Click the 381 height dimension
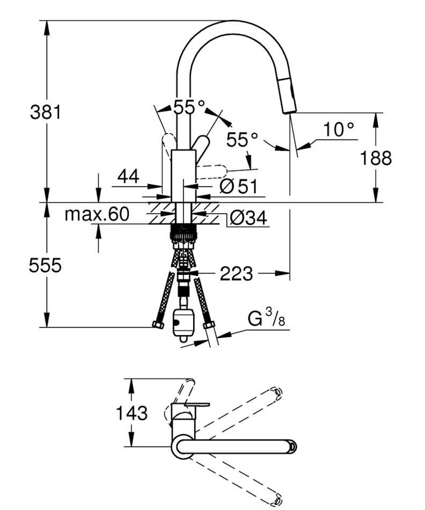46,112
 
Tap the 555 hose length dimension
45,265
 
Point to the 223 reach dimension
236,274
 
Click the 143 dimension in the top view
132,413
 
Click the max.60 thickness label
97,215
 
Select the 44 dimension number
128,176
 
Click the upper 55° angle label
189,107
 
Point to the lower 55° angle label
242,140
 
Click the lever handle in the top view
190,404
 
